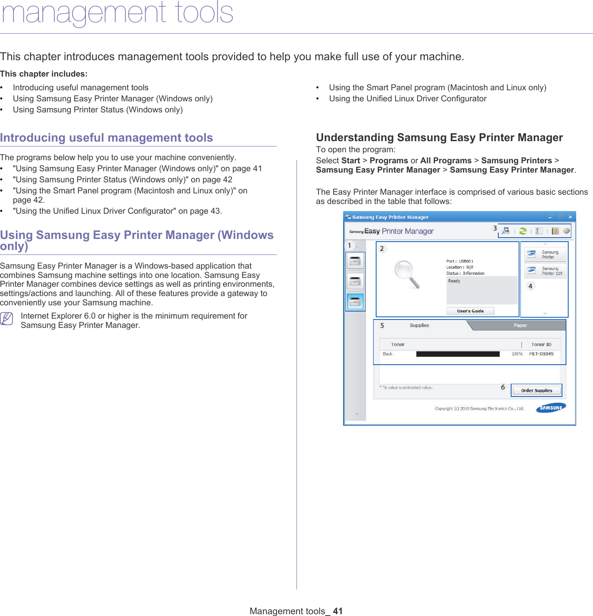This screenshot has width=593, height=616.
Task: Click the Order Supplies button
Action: [536, 390]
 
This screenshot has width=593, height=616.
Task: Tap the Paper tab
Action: [520, 325]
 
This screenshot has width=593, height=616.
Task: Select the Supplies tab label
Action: [419, 325]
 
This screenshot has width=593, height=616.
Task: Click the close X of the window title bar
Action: [570, 217]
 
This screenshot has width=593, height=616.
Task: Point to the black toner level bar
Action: [458, 354]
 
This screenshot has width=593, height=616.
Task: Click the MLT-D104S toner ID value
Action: [541, 354]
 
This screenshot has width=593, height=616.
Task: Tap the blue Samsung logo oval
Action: [551, 408]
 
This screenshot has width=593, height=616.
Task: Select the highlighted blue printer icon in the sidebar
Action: [355, 302]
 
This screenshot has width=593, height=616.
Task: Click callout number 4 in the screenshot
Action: [530, 286]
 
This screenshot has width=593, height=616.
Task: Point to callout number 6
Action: [503, 387]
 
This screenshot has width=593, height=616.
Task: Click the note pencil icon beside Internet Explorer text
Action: [7, 318]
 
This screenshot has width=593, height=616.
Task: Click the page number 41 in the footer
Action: [338, 611]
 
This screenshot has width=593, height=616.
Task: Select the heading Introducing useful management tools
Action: [106, 138]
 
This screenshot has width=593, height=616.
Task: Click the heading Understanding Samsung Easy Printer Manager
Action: [439, 138]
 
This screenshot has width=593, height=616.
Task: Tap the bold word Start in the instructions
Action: [350, 161]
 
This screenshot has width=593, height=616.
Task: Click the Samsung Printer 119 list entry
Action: [546, 271]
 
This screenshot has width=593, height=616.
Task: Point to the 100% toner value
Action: [517, 354]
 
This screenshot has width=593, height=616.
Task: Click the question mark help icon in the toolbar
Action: [555, 231]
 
